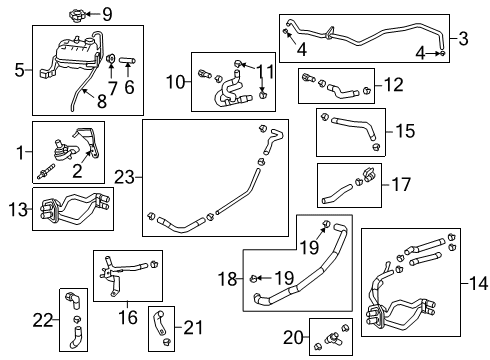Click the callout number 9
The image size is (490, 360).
coord(107,13)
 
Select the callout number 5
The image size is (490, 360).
coord(19,70)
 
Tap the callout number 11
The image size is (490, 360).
coord(264,71)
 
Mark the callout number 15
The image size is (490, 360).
coord(403,131)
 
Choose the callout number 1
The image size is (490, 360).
coord(17,153)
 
